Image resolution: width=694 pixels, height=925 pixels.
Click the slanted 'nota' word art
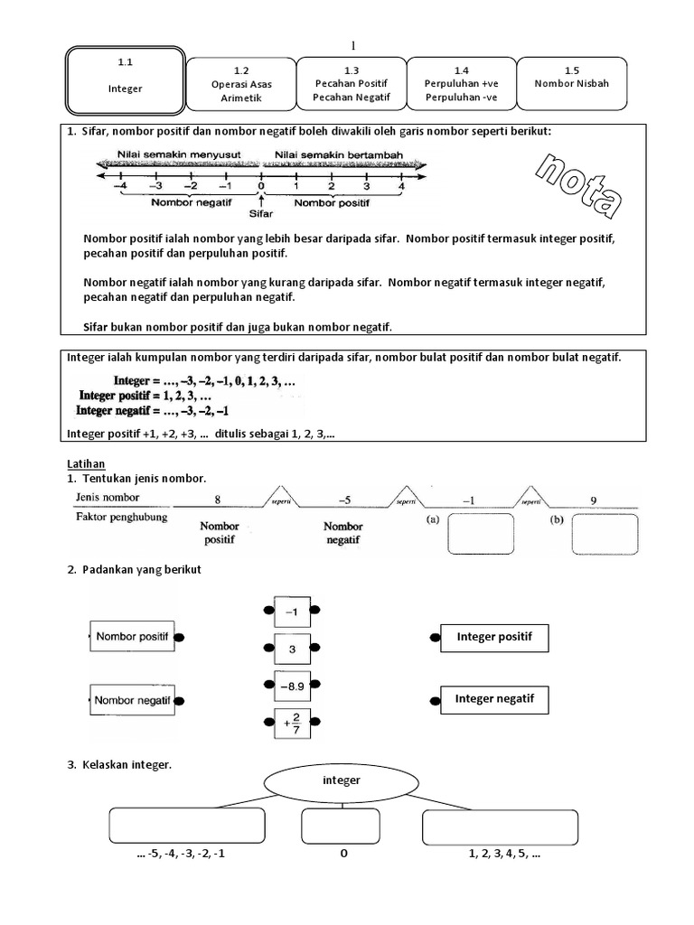pyautogui.click(x=577, y=186)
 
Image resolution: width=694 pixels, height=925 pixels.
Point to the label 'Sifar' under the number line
pyautogui.click(x=260, y=215)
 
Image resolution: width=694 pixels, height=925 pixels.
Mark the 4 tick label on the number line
pyautogui.click(x=400, y=186)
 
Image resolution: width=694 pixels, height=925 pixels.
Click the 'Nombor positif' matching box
pyautogui.click(x=132, y=637)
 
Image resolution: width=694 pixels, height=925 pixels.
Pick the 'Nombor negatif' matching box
pyautogui.click(x=133, y=700)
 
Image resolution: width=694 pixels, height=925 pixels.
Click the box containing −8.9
pyautogui.click(x=291, y=686)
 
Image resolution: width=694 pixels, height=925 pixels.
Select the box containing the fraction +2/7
pyautogui.click(x=291, y=724)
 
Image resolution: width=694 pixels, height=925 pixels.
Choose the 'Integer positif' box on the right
pyautogui.click(x=493, y=637)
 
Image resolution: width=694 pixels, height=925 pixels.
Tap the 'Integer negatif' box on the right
pyautogui.click(x=493, y=699)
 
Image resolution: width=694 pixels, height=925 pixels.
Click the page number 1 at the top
pyautogui.click(x=352, y=45)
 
